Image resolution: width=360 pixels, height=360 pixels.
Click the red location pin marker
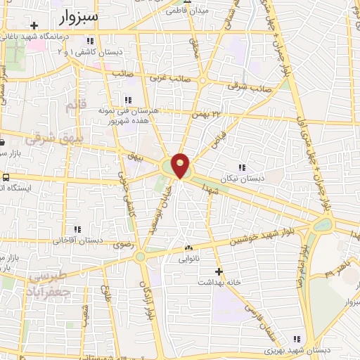click(x=181, y=165)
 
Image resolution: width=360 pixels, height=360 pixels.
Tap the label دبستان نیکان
click(x=243, y=179)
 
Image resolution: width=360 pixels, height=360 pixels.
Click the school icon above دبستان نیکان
click(x=243, y=167)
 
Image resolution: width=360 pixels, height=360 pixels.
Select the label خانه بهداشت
click(x=219, y=282)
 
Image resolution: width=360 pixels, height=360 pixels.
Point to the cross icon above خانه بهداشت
click(x=219, y=271)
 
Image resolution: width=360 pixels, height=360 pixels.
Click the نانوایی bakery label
click(x=188, y=258)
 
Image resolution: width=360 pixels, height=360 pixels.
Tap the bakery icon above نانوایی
click(x=188, y=247)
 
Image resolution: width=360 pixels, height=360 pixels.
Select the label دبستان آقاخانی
click(x=77, y=240)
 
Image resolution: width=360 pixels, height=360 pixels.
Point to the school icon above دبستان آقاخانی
click(x=77, y=229)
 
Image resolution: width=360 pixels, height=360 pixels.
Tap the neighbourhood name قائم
click(x=73, y=106)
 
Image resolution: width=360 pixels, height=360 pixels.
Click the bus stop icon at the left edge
click(x=6, y=177)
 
